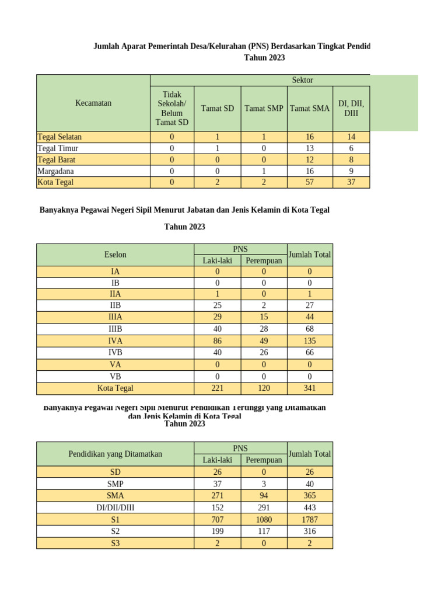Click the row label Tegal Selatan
[x=60, y=137]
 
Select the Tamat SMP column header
[x=264, y=108]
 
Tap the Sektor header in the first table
[x=302, y=80]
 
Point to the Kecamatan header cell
[x=93, y=103]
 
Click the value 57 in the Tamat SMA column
[x=310, y=182]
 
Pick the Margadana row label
[x=55, y=171]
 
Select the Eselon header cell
[x=115, y=255]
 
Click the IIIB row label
[x=115, y=329]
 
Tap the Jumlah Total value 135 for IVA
[x=310, y=341]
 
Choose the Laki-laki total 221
[x=217, y=388]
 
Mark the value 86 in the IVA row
[x=217, y=341]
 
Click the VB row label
[x=115, y=376]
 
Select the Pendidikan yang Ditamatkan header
[x=115, y=454]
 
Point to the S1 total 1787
[x=310, y=519]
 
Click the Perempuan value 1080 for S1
[x=264, y=519]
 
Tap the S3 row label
[x=115, y=543]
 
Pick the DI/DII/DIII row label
[x=115, y=507]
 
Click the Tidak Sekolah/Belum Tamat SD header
[x=171, y=108]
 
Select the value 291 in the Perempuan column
[x=264, y=507]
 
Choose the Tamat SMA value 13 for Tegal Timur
[x=310, y=148]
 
